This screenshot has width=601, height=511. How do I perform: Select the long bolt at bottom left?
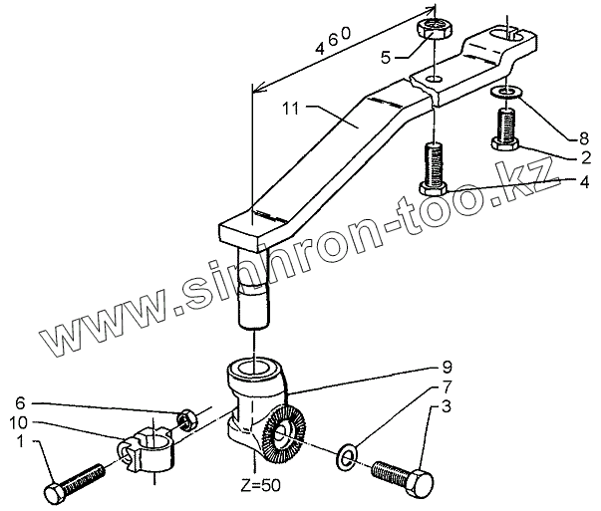(x=74, y=482)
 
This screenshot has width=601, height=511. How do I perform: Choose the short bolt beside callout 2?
(x=504, y=130)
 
